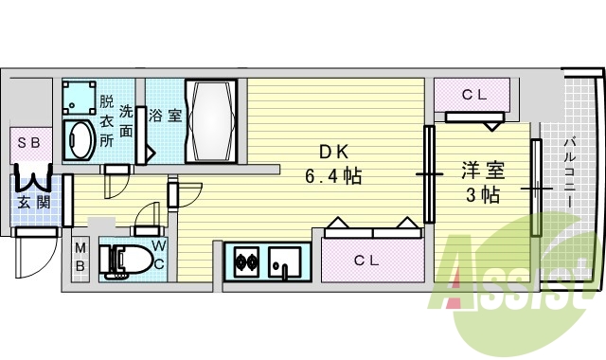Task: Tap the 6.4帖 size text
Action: click(x=333, y=176)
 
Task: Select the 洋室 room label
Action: click(x=482, y=171)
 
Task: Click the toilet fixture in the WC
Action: click(x=124, y=260)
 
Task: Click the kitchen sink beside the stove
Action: click(x=285, y=260)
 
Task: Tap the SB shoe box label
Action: click(x=28, y=144)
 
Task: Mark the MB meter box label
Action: click(x=81, y=258)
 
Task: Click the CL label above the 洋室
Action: click(x=474, y=96)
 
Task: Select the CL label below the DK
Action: click(x=369, y=261)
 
